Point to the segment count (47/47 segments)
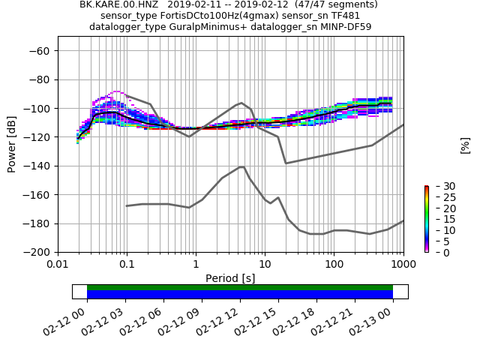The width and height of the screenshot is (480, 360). [x=337, y=4]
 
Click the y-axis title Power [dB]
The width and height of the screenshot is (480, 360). [x=12, y=144]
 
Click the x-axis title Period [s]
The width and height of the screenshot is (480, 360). [x=230, y=278]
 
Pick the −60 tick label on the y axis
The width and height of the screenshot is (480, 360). [x=39, y=50]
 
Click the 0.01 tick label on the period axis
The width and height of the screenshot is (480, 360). [x=58, y=264]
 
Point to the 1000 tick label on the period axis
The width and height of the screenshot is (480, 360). [x=403, y=264]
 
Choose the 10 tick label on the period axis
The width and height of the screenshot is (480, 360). [x=265, y=264]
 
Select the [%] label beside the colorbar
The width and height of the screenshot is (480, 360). [x=465, y=145]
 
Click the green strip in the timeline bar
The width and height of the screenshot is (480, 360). [x=240, y=287]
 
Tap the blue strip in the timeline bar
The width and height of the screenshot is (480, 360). [x=240, y=295]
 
